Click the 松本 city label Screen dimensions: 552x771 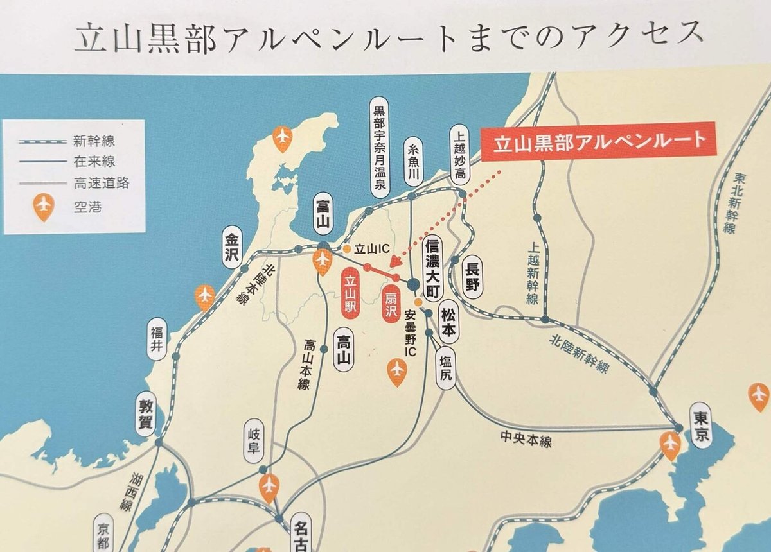click(449, 320)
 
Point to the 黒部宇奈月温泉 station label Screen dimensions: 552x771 click(380, 147)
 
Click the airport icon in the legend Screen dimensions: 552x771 click(44, 207)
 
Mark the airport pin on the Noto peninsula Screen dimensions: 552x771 click(283, 138)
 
